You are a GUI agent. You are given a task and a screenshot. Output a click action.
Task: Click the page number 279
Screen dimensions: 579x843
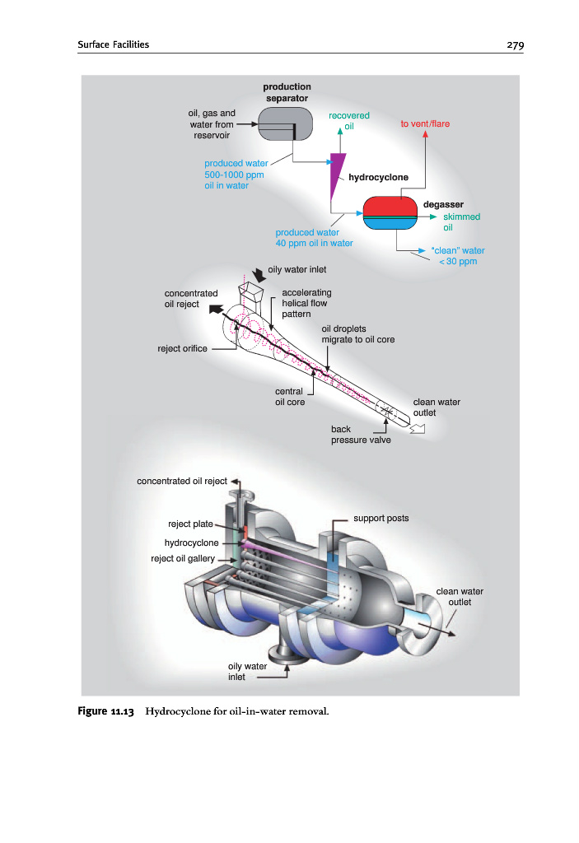coord(515,45)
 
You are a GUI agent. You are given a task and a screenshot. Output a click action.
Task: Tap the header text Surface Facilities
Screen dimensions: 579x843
coord(113,44)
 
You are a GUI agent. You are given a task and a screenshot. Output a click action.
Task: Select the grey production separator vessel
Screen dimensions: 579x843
coord(285,123)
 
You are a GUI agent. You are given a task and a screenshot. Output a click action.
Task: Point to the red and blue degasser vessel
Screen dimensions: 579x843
coord(390,213)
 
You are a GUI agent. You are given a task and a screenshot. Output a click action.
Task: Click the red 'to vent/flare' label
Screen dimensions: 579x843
coord(425,123)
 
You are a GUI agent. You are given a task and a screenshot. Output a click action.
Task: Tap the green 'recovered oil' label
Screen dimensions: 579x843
coord(349,121)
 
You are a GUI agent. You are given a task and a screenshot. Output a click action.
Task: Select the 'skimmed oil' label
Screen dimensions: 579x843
coord(462,222)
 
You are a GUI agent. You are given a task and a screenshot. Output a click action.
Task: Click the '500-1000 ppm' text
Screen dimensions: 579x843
coord(234,175)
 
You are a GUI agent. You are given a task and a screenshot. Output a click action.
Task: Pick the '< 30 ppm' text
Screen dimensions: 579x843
coord(458,261)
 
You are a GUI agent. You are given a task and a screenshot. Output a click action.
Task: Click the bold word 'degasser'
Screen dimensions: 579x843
coord(443,204)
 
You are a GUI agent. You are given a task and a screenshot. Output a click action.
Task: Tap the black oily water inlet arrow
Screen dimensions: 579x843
coord(259,276)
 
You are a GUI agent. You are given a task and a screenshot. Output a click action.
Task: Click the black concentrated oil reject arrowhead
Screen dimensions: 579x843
coord(216,310)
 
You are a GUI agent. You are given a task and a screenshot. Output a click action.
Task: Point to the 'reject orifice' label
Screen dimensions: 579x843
coord(182,348)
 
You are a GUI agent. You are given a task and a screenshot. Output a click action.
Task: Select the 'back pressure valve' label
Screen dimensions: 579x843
coord(361,435)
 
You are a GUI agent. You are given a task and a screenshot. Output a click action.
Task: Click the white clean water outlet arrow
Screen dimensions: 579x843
coord(418,428)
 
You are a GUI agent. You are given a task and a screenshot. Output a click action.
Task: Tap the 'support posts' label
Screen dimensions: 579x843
coord(381,519)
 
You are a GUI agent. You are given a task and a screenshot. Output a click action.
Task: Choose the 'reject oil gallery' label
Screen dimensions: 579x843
coord(183,559)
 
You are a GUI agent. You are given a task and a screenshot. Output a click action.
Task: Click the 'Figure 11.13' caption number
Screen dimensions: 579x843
coord(106,711)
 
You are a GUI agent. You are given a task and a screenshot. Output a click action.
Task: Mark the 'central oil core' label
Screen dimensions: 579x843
coord(290,397)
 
